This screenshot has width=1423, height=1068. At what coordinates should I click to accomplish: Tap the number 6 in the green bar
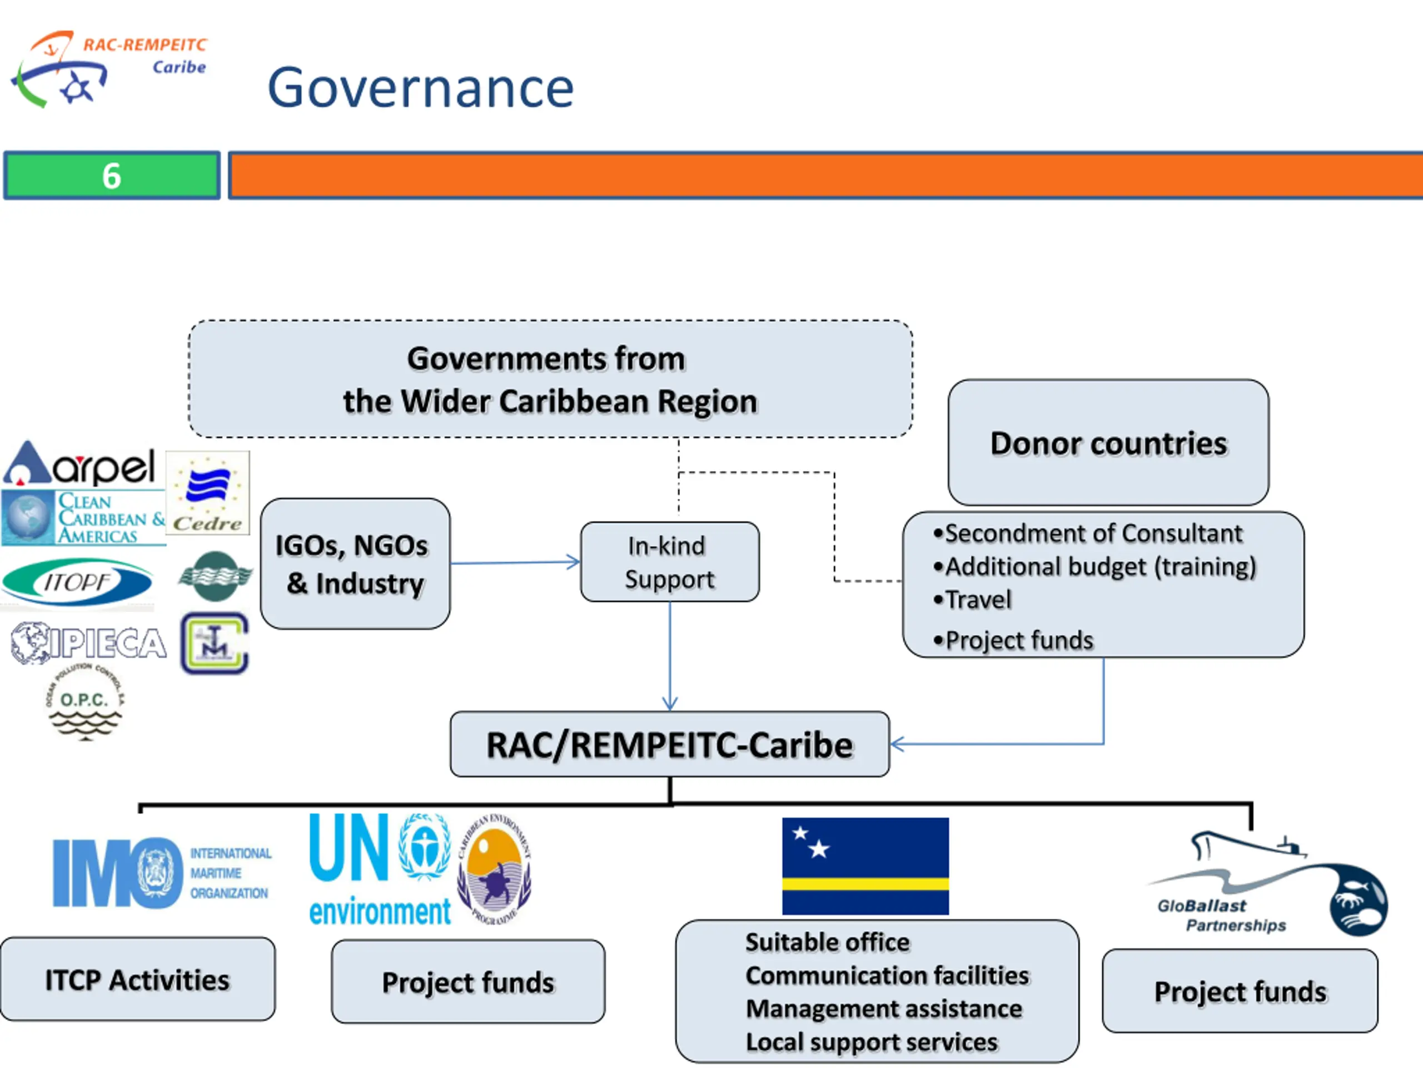(111, 176)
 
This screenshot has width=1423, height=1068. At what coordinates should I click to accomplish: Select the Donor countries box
(1108, 443)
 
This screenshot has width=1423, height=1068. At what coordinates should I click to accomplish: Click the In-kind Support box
(669, 562)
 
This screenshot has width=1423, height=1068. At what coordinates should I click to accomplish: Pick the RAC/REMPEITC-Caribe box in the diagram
(669, 744)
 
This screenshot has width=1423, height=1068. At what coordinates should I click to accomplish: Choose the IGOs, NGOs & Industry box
(355, 564)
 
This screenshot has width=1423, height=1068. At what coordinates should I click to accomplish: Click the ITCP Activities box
(137, 980)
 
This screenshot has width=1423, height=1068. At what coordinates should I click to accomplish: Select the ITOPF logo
(77, 582)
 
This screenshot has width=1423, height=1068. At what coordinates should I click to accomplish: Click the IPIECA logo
(89, 642)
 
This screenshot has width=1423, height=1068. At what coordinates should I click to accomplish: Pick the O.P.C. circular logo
(84, 703)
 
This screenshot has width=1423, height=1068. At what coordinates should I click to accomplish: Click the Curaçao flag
(864, 866)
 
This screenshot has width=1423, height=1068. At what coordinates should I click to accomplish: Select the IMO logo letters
(116, 872)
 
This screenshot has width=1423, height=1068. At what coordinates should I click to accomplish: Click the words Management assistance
(884, 1009)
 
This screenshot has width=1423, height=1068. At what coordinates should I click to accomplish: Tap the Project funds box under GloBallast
(1240, 991)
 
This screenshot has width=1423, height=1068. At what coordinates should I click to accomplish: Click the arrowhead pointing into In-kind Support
(573, 562)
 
